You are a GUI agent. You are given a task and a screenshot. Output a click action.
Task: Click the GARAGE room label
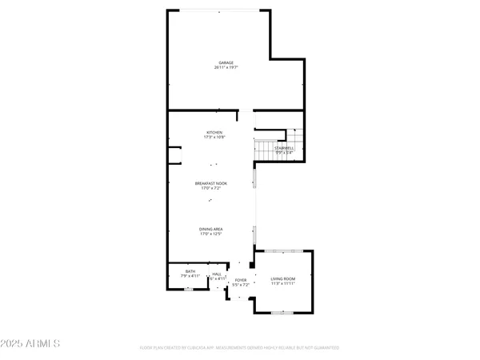coord(227,62)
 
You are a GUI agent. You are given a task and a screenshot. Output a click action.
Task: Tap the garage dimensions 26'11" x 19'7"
coord(227,68)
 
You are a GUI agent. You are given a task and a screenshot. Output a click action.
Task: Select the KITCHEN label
coord(214,132)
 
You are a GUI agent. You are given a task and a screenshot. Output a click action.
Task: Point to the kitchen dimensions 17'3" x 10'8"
coord(214,138)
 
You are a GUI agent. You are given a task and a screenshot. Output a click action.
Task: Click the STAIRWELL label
coord(284,148)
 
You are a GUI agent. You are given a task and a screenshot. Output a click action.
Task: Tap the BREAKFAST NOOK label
coord(211,183)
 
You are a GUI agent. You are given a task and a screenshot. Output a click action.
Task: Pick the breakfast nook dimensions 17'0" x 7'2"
coord(211,189)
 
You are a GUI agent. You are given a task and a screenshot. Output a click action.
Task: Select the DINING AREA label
coord(211,230)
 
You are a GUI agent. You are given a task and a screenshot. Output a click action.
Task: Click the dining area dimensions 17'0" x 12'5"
coord(211,235)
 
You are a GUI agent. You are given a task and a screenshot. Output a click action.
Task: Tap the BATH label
coord(190,271)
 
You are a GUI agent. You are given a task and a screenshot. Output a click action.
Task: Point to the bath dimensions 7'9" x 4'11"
coord(190,277)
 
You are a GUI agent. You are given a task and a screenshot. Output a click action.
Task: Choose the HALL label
coord(217,274)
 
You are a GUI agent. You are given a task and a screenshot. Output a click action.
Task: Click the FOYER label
coord(241,279)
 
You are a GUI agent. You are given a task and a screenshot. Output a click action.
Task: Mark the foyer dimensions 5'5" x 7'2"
coord(241,285)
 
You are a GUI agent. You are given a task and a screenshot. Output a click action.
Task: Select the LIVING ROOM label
coord(283,277)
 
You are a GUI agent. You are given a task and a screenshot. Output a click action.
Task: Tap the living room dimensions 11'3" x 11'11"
coord(283,282)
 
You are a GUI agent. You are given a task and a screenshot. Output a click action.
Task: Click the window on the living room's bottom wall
coord(283,313)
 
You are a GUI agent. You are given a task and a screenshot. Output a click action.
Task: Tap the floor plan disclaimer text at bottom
coord(240,348)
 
